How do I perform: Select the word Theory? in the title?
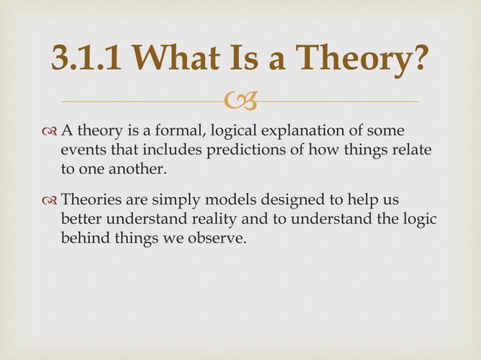[x=360, y=59]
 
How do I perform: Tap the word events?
[x=82, y=151]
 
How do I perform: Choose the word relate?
[x=411, y=151]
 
